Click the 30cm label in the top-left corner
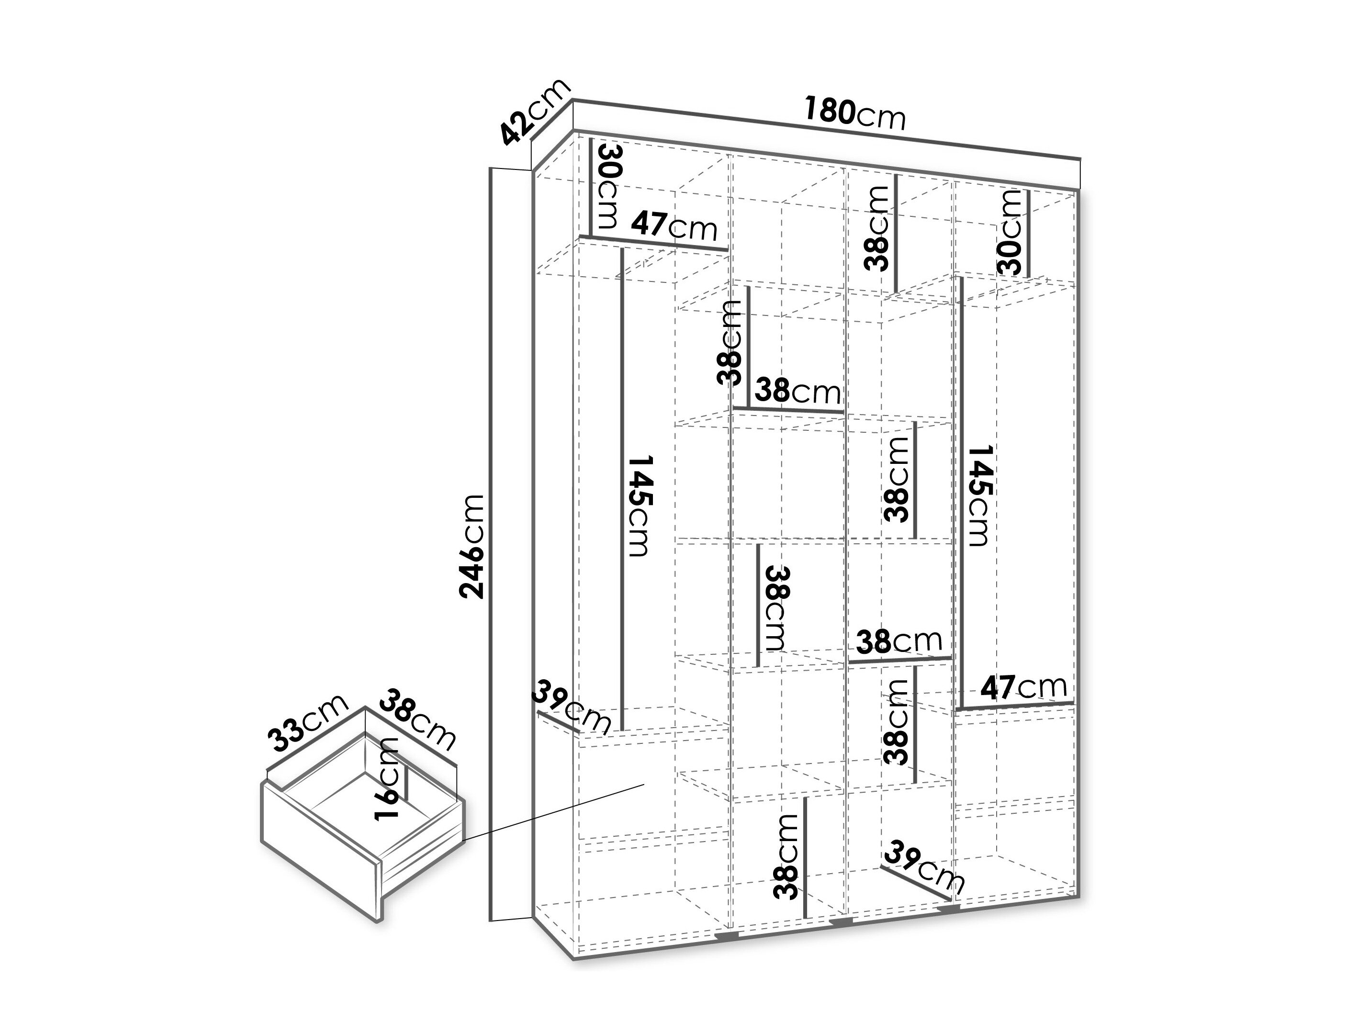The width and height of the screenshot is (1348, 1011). point(607,194)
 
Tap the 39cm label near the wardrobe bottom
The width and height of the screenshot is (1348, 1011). point(924,868)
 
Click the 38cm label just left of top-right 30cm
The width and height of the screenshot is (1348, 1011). point(877,228)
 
